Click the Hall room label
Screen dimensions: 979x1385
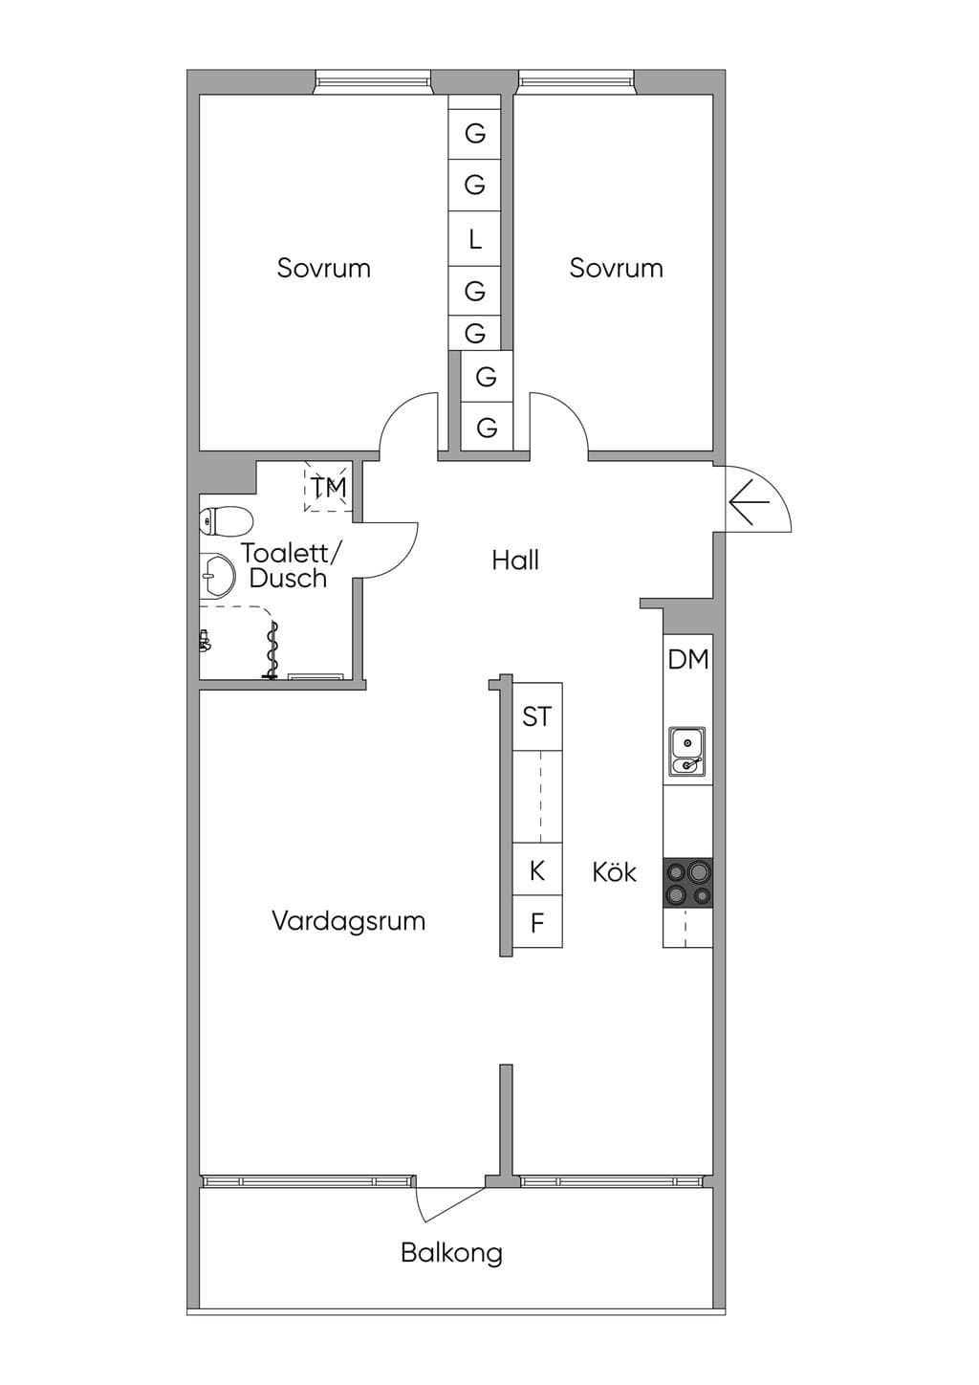[515, 561]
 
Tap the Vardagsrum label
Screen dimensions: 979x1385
[349, 921]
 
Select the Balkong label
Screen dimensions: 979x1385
[451, 1253]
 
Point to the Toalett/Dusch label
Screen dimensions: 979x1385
[290, 565]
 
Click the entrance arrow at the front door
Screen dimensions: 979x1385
[750, 501]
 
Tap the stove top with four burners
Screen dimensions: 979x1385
[688, 883]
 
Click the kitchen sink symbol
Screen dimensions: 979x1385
[687, 751]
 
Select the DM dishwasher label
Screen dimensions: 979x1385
[688, 660]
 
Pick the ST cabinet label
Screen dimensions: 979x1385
[536, 716]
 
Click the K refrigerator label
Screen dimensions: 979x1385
[537, 870]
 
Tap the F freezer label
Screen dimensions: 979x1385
[537, 923]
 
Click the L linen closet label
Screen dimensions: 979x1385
[474, 239]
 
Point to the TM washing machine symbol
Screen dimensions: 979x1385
[328, 487]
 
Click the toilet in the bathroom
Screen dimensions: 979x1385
[227, 520]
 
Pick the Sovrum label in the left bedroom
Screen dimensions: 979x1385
[324, 269]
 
